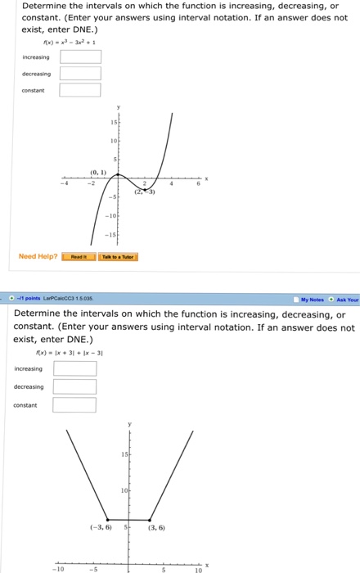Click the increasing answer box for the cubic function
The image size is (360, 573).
point(80,57)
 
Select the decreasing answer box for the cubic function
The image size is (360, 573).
point(80,74)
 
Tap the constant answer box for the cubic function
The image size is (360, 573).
point(80,90)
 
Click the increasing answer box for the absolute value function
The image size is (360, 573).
point(74,368)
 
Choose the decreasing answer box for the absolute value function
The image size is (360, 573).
point(74,386)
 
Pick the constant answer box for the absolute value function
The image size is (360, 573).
point(74,404)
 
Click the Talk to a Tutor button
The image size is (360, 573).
point(118,256)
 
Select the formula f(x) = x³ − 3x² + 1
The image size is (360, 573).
point(73,43)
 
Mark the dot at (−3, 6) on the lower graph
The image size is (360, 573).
point(109,519)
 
